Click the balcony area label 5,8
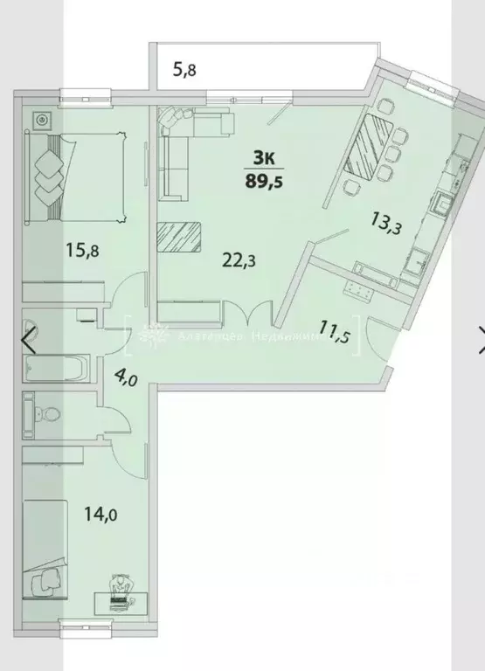point(184,71)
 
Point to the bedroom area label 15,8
point(83,250)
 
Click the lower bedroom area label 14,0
point(100,515)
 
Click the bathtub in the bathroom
point(55,368)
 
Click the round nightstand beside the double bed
point(42,119)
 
